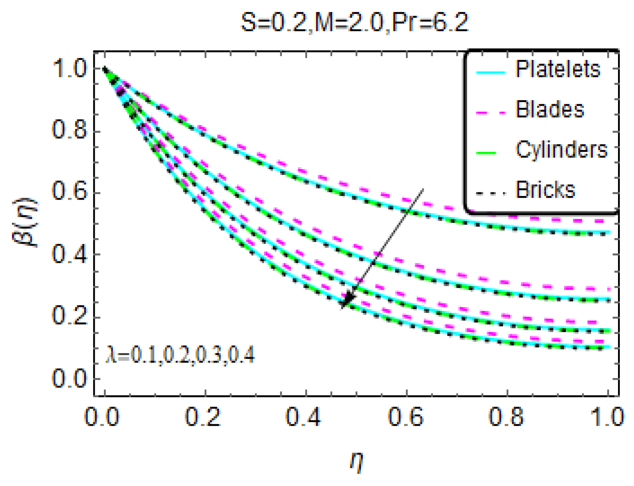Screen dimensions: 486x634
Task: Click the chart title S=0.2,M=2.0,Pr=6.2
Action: pos(354,23)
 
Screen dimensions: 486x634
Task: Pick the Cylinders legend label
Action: pos(561,149)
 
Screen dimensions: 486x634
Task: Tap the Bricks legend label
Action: pos(545,189)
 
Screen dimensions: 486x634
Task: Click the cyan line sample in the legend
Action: pos(490,73)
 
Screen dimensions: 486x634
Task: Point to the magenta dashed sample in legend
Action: pos(490,113)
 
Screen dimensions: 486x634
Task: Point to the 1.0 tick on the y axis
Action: pos(70,68)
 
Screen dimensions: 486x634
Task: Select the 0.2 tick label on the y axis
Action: pos(70,315)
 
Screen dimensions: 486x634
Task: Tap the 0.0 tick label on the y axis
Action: pos(70,378)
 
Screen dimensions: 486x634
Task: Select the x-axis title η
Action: pos(357,462)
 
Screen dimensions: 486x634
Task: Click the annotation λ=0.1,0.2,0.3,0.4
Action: pos(180,355)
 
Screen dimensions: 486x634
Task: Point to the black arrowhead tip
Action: pos(342,307)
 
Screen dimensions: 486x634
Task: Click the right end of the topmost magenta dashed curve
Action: pos(609,221)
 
